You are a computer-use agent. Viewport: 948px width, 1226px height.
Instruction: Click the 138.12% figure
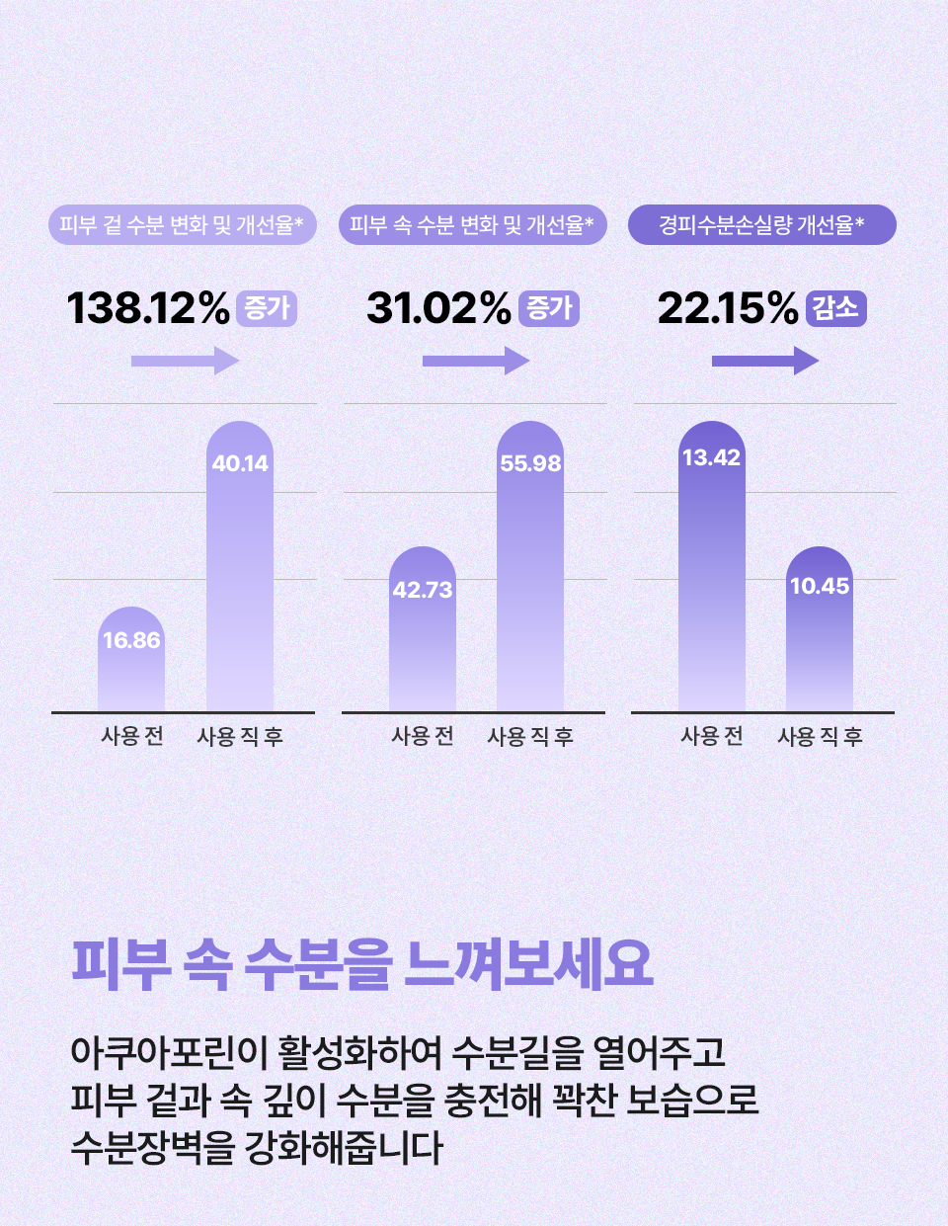pyautogui.click(x=148, y=308)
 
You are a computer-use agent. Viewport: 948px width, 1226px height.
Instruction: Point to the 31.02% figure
pyautogui.click(x=438, y=308)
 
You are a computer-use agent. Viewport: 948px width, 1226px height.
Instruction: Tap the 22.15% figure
pyautogui.click(x=728, y=308)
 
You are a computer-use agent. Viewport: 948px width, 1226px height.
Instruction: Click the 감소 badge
pyautogui.click(x=836, y=308)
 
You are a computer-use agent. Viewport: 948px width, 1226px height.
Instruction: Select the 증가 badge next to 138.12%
pyautogui.click(x=267, y=308)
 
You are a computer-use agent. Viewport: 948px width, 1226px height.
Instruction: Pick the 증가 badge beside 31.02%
pyautogui.click(x=549, y=308)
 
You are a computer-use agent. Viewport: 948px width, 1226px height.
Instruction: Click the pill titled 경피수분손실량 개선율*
pyautogui.click(x=762, y=225)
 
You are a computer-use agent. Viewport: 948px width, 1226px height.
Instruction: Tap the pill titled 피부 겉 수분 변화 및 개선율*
pyautogui.click(x=182, y=225)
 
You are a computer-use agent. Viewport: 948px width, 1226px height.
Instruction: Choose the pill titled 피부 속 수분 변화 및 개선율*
pyautogui.click(x=472, y=225)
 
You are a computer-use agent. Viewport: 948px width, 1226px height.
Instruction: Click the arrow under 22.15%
pyautogui.click(x=765, y=361)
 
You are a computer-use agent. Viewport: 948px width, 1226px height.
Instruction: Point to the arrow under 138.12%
pyautogui.click(x=186, y=361)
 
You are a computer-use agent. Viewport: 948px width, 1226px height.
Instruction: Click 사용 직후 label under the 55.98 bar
pyautogui.click(x=530, y=736)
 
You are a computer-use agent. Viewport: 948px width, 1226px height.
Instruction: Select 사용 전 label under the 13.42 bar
pyautogui.click(x=712, y=736)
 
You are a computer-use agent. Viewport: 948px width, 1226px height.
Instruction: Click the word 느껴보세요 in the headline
pyautogui.click(x=529, y=963)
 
